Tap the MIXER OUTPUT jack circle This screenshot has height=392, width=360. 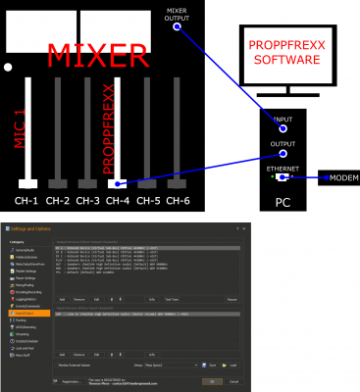[178, 26]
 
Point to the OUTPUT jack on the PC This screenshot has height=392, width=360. [283, 153]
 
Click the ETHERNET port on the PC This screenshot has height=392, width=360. [283, 177]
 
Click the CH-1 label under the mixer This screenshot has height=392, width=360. [26, 200]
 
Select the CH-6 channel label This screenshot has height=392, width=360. [178, 200]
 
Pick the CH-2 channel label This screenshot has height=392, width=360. [57, 200]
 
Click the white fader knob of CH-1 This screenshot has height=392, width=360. [26, 183]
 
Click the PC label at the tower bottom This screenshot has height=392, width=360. [283, 203]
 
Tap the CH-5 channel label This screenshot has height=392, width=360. [147, 200]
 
